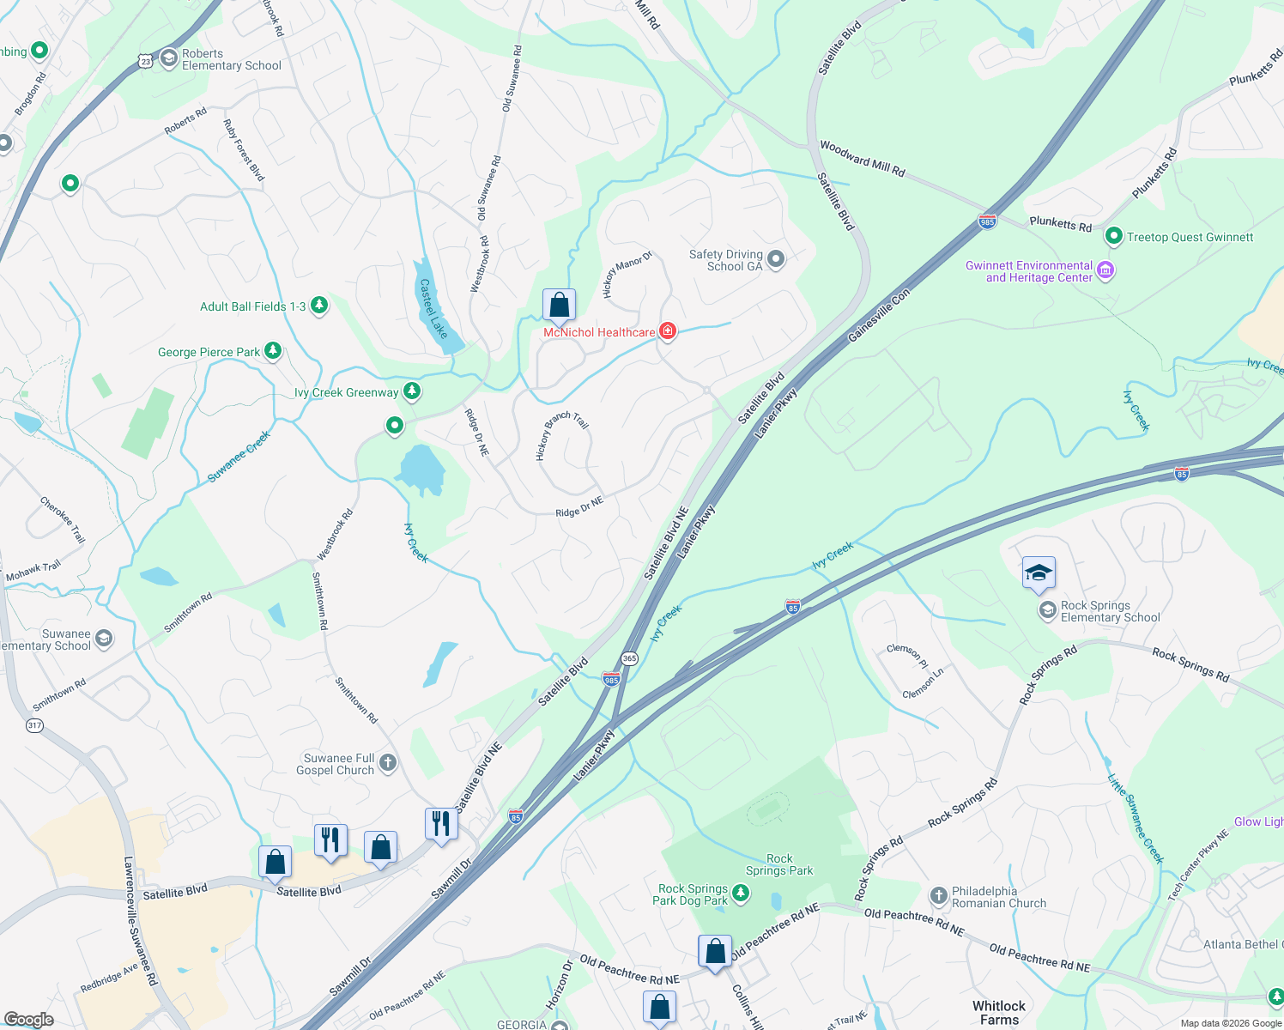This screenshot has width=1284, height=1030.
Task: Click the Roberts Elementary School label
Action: [x=231, y=59]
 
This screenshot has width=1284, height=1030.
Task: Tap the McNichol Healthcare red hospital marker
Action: [x=667, y=331]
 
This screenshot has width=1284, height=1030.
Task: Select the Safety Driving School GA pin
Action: [x=776, y=259]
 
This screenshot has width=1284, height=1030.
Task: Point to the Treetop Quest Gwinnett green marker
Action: [x=1113, y=236]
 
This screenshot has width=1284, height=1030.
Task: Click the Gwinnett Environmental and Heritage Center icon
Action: [x=1105, y=271]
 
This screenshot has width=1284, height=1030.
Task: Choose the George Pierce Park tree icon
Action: [x=273, y=350]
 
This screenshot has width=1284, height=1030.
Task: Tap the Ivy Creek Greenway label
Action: [x=346, y=393]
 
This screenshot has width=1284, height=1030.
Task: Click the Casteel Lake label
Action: [x=433, y=308]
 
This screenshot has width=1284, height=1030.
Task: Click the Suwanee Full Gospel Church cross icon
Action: [x=388, y=762]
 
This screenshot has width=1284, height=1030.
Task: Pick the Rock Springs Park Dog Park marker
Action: [x=740, y=894]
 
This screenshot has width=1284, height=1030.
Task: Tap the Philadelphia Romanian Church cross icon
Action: [x=938, y=895]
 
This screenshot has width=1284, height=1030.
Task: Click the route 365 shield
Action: [x=630, y=658]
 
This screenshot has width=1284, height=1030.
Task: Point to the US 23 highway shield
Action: [x=145, y=60]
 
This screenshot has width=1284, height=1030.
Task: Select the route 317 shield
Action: [x=34, y=725]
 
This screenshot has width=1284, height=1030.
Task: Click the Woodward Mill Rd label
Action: [x=862, y=159]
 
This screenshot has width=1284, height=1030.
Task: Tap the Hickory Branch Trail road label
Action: [x=561, y=435]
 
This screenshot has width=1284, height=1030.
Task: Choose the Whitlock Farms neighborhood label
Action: [x=999, y=1013]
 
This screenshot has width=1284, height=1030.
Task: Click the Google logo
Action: [x=28, y=1020]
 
